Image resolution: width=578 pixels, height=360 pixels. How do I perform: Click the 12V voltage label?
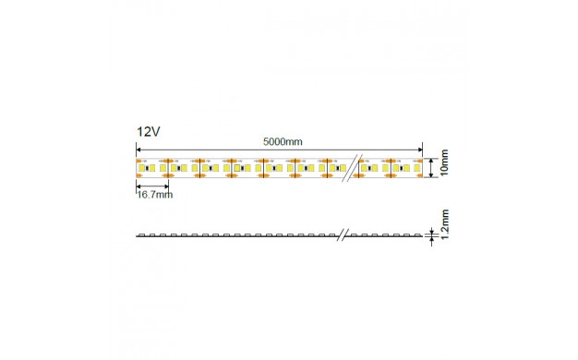click(x=148, y=132)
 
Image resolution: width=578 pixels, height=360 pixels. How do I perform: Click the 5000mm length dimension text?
click(x=283, y=142)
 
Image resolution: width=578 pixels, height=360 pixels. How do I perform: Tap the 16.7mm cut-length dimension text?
click(x=155, y=195)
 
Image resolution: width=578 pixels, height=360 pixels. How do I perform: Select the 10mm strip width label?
click(x=444, y=162)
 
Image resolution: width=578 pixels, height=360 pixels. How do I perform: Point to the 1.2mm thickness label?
click(x=445, y=224)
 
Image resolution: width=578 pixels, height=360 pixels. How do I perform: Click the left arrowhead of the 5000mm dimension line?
click(x=139, y=150)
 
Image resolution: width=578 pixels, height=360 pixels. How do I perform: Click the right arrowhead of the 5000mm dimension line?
click(x=419, y=150)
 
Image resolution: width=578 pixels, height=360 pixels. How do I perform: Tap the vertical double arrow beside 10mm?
click(x=431, y=168)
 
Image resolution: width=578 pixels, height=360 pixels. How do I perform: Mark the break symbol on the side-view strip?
click(x=343, y=234)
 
